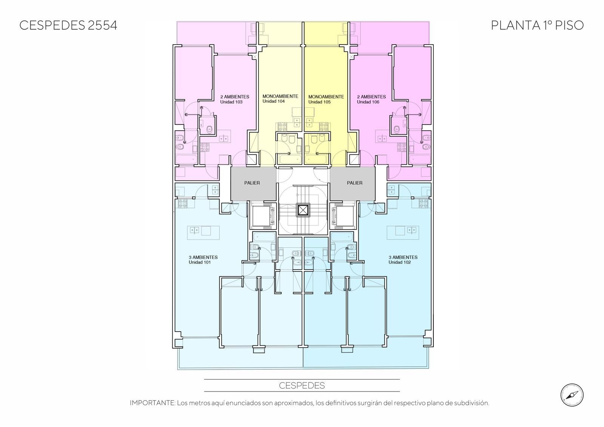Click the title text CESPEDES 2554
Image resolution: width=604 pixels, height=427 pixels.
coord(68,25)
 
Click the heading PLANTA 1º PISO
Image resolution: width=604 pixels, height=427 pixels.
coord(537,25)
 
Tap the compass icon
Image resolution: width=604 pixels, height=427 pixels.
coord(572,395)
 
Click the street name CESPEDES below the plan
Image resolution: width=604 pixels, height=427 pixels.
coord(302,385)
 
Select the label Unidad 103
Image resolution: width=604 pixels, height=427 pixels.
coord(231,102)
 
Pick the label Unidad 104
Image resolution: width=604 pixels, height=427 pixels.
coord(273,101)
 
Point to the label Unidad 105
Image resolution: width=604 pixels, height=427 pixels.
coord(319,102)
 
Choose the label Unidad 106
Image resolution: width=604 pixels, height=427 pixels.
coord(368,102)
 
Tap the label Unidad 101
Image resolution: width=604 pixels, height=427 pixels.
coord(200,262)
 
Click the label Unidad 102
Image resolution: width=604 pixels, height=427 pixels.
coord(400,262)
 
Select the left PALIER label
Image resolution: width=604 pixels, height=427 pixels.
coord(252,183)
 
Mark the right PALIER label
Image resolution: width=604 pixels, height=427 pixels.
coord(354,183)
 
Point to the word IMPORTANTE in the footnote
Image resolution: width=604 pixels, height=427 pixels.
coord(153,403)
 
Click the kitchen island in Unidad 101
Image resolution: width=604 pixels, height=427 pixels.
coord(203,233)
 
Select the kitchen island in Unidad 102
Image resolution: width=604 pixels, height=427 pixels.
coord(403,233)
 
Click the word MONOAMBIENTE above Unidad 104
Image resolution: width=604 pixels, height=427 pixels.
coord(280,96)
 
